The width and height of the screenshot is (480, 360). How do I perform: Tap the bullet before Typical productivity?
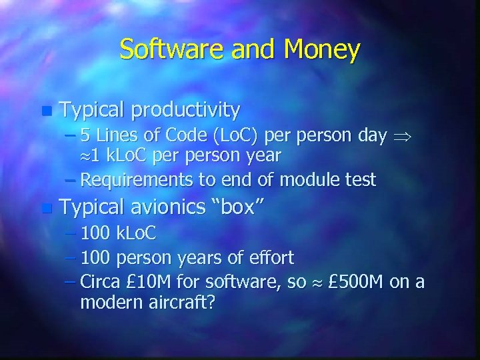45,109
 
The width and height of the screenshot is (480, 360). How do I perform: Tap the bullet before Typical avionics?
45,209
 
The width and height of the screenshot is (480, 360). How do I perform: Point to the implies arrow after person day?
401,137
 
